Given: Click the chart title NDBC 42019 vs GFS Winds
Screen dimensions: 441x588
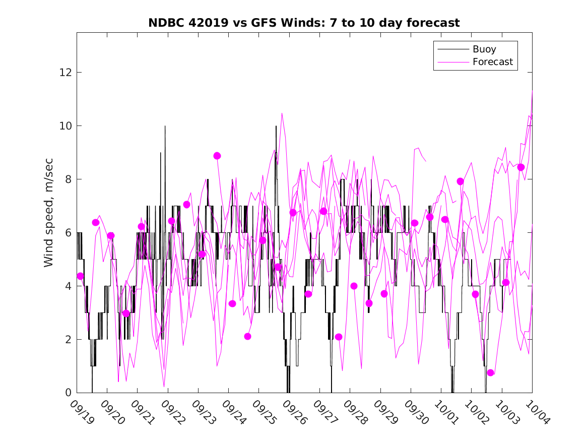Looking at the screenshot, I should pos(304,23).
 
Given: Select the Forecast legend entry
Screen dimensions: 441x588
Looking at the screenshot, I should pos(492,62).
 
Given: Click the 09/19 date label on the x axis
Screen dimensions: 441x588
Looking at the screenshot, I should pos(82,412).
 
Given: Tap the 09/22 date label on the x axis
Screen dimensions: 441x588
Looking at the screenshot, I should pos(173,412).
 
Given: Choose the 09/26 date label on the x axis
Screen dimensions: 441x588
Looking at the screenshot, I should pos(294,412).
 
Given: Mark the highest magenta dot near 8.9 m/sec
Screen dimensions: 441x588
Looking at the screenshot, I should pos(217,156).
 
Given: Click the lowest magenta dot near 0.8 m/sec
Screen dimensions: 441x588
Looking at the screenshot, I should pos(491,372).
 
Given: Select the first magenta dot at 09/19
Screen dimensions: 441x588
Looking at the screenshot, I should pos(80,276).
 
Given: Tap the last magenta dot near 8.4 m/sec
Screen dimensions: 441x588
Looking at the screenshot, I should pos(521,167).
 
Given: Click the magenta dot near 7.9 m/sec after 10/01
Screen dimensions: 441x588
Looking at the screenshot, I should pos(460,181).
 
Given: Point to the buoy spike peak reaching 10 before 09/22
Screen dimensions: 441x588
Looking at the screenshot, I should pos(165,127).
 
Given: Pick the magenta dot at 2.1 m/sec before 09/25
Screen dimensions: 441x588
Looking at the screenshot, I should pos(247,336).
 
